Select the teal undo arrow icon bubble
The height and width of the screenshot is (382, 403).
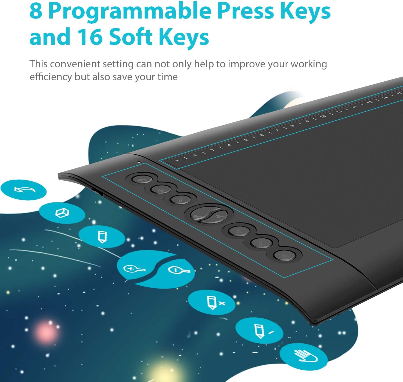coord(24,190)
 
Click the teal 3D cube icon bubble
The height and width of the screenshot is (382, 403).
coord(62,213)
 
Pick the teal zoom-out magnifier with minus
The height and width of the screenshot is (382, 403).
coord(178,270)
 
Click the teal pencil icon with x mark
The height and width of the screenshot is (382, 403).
coord(212,302)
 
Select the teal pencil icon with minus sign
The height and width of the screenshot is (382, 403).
coord(259,330)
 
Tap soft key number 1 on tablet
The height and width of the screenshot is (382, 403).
coord(177,161)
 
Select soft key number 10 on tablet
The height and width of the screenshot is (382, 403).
coord(323,116)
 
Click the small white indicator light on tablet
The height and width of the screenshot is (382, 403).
coord(139,162)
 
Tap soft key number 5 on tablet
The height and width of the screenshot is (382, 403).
coord(246,140)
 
